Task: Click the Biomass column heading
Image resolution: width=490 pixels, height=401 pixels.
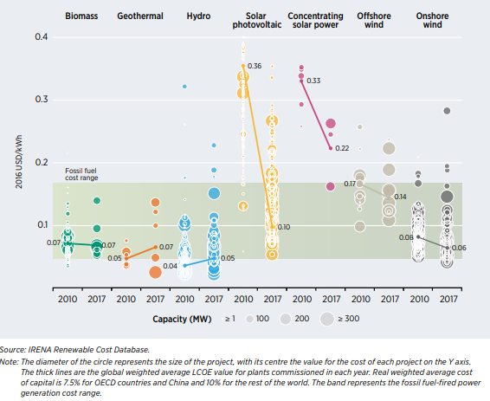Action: [80, 16]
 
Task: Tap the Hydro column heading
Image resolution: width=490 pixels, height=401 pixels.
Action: [198, 16]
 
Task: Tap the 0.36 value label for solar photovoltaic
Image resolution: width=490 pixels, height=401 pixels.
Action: [255, 67]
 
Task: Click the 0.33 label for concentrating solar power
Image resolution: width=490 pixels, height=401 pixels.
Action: [313, 81]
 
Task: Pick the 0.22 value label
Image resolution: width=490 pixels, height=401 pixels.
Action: [341, 149]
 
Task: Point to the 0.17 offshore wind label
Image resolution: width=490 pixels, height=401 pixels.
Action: [350, 184]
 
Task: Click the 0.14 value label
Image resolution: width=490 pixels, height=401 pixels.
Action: [400, 197]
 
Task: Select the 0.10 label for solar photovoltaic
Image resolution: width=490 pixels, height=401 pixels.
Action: [283, 227]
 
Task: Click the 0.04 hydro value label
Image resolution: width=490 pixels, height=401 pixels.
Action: [170, 266]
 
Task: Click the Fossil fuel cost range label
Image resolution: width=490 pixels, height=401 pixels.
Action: [83, 174]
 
